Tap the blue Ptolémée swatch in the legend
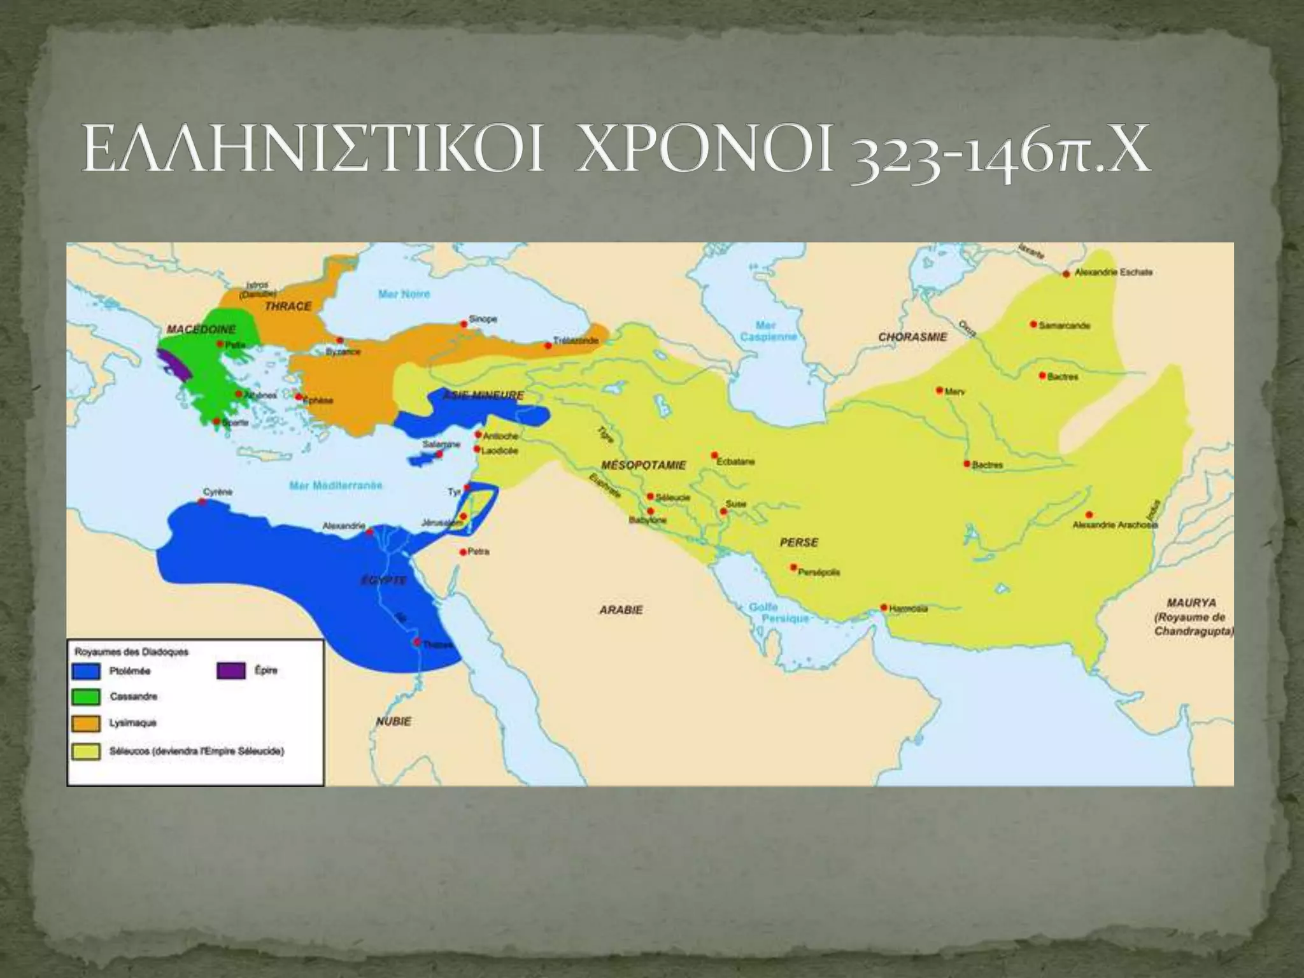(86, 671)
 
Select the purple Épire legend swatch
(230, 670)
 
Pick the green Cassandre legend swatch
(86, 697)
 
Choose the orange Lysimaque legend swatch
(86, 723)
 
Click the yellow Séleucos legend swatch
(86, 751)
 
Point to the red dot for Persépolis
(793, 567)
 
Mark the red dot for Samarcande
(1033, 324)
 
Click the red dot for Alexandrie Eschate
(1066, 274)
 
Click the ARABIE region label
(621, 610)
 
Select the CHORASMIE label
(912, 336)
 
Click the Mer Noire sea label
(404, 294)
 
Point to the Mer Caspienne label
(768, 331)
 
